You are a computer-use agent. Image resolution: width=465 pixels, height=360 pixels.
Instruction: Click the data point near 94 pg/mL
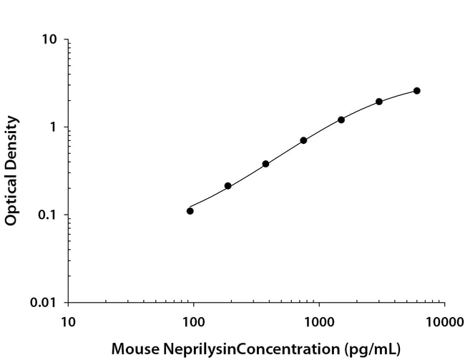click(x=190, y=210)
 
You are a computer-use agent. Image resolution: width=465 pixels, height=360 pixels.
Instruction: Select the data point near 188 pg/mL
click(x=227, y=186)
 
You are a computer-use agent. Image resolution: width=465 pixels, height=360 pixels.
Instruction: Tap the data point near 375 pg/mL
click(x=265, y=164)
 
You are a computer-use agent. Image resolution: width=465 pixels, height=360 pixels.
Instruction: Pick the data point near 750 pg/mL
click(x=303, y=140)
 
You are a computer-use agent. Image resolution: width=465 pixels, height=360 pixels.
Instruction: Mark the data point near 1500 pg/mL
click(x=341, y=120)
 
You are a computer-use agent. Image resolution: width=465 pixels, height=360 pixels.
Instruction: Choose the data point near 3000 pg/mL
click(x=379, y=102)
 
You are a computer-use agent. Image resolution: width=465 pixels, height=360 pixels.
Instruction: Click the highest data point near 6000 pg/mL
click(x=417, y=91)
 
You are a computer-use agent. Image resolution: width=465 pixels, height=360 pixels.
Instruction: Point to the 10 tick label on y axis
click(x=49, y=39)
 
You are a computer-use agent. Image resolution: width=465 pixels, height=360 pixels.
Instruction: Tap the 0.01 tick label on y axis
click(x=44, y=303)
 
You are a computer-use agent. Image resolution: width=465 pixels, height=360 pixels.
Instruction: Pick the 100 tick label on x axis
click(x=193, y=322)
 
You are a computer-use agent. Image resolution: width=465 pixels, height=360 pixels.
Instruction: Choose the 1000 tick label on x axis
click(x=319, y=322)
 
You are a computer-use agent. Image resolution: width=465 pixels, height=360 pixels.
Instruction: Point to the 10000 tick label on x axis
click(x=444, y=322)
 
